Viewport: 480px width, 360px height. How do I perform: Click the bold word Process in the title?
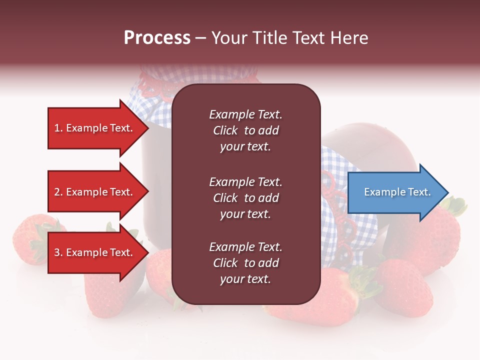click(157, 38)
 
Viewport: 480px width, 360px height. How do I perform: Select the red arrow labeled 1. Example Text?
click(95, 128)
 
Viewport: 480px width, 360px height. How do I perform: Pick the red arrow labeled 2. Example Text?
click(95, 192)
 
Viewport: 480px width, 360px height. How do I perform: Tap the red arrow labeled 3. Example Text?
click(95, 253)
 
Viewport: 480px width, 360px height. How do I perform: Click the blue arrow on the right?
click(395, 192)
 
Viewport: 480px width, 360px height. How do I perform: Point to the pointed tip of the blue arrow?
click(446, 192)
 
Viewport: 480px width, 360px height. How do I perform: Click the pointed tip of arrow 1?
click(146, 128)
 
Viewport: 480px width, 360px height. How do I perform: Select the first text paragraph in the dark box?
click(245, 130)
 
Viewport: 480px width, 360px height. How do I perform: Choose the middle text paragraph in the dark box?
click(245, 198)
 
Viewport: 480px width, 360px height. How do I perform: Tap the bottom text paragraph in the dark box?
click(245, 263)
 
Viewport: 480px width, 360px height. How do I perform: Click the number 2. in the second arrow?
click(58, 192)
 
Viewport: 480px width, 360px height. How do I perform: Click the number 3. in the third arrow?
click(58, 253)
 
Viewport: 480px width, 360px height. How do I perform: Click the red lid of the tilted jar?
click(370, 150)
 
